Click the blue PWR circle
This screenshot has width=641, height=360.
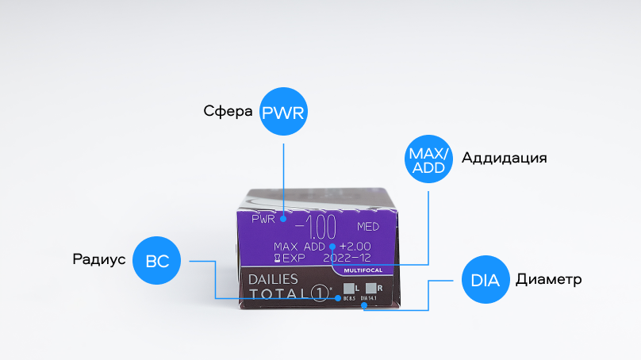[283, 113]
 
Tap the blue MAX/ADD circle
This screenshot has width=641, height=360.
[428, 157]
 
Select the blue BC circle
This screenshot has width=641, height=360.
[157, 259]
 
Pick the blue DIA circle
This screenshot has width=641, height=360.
[485, 280]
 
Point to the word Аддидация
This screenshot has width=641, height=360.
[504, 157]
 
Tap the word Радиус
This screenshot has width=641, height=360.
[98, 259]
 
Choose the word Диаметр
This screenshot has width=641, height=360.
[549, 280]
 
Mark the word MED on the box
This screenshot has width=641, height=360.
[370, 227]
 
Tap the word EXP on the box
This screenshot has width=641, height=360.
[294, 258]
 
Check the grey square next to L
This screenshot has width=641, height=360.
[347, 288]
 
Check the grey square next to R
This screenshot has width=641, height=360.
[370, 288]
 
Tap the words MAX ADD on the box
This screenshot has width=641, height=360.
[299, 247]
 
